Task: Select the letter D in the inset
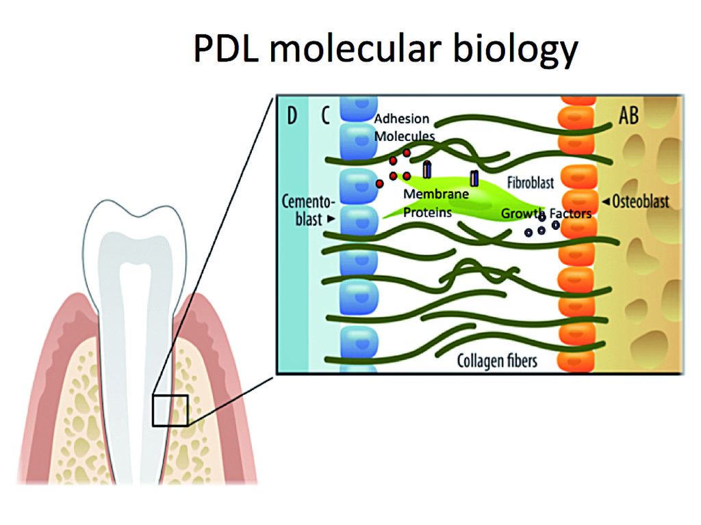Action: (x=292, y=116)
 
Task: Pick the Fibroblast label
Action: (x=531, y=183)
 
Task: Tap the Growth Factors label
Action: (x=546, y=214)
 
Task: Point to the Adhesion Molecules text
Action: (x=404, y=127)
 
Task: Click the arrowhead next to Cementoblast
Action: (x=331, y=219)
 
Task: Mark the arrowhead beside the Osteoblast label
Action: (x=604, y=202)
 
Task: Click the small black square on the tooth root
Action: (x=170, y=410)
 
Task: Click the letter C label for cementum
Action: (x=324, y=116)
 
